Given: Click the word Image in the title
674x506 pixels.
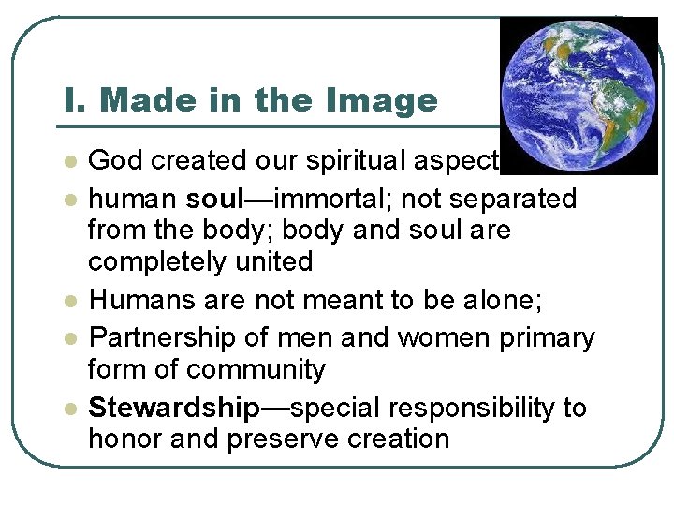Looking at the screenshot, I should pyautogui.click(x=384, y=100).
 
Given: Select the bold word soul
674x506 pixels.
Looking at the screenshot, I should pyautogui.click(x=216, y=200).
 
